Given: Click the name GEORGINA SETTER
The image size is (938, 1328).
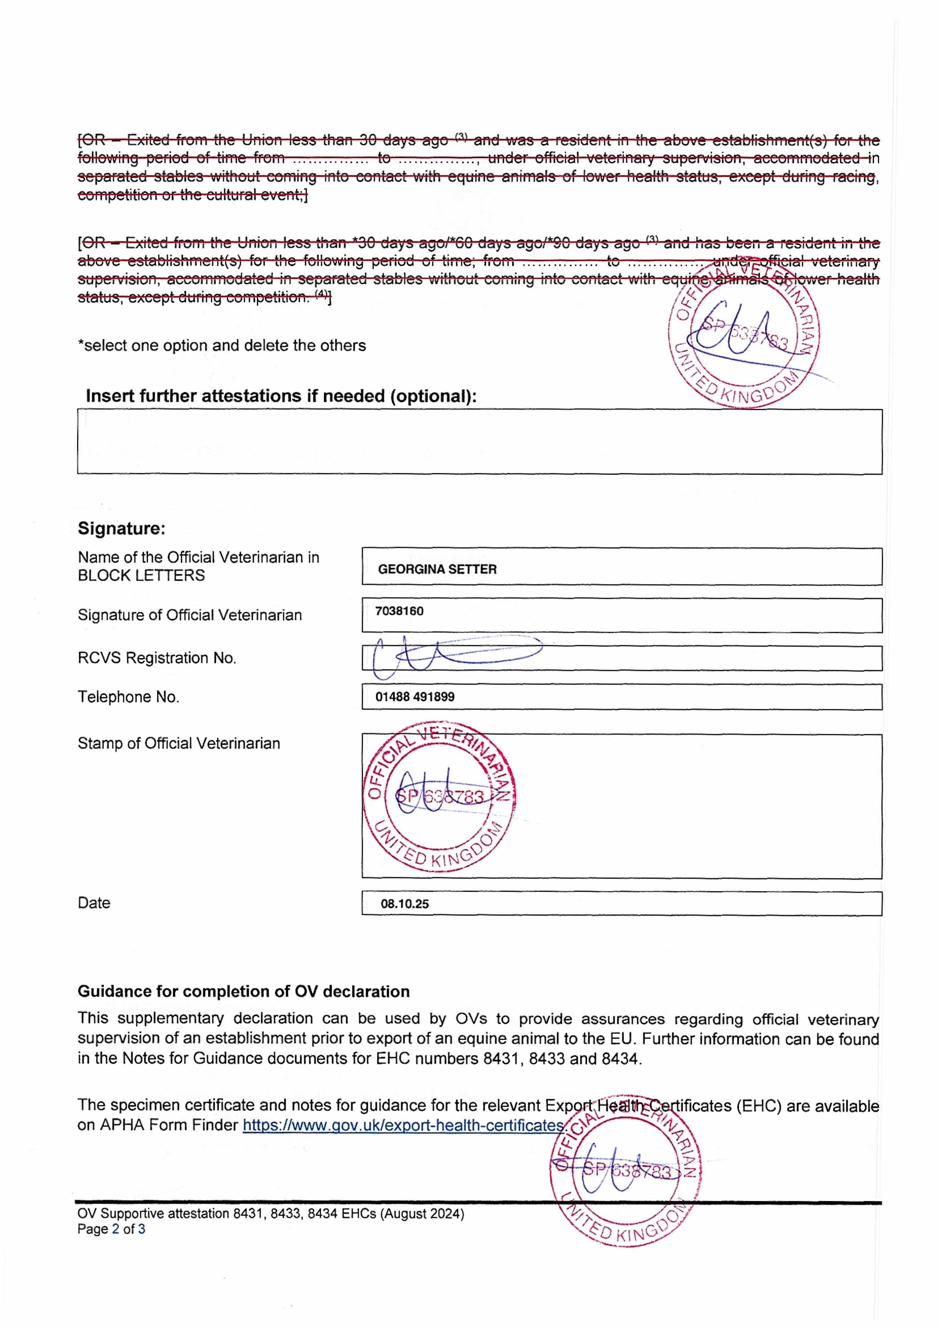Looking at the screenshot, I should pyautogui.click(x=437, y=569).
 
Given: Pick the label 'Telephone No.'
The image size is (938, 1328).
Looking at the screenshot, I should pyautogui.click(x=129, y=697).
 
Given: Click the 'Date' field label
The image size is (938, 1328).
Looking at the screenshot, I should pyautogui.click(x=94, y=903).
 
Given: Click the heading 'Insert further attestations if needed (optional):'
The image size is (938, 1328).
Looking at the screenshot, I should pyautogui.click(x=281, y=396).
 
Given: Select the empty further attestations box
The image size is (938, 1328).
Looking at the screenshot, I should pyautogui.click(x=479, y=442).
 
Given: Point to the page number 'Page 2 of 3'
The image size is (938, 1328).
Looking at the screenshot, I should pyautogui.click(x=111, y=1228).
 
